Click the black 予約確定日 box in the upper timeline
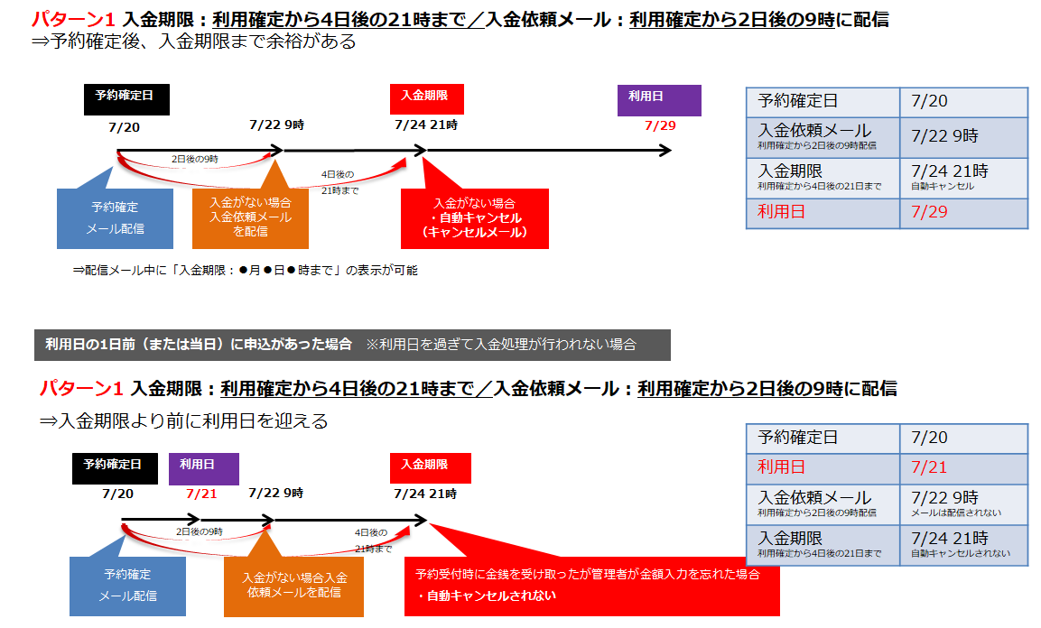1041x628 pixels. click(x=125, y=98)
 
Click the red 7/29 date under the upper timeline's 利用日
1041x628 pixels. click(x=660, y=125)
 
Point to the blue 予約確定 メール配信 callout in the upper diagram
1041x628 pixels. click(x=115, y=218)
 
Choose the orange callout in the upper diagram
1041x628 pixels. click(x=250, y=218)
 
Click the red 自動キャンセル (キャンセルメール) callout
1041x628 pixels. click(x=475, y=218)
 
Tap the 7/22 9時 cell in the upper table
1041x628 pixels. click(x=963, y=136)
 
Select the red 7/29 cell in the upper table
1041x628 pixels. click(x=963, y=213)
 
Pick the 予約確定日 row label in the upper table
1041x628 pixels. click(x=823, y=102)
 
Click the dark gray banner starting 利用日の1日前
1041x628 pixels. click(x=352, y=345)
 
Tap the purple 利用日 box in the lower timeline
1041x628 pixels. click(x=203, y=467)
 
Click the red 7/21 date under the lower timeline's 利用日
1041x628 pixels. click(x=202, y=494)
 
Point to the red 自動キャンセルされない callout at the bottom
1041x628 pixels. click(x=591, y=585)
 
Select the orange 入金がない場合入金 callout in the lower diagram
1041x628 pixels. click(x=293, y=586)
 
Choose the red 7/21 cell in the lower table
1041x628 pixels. click(x=963, y=467)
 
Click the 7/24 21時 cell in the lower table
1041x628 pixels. click(x=963, y=544)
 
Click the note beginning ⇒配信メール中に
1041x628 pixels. click(x=245, y=270)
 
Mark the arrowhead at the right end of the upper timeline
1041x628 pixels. click(x=665, y=150)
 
